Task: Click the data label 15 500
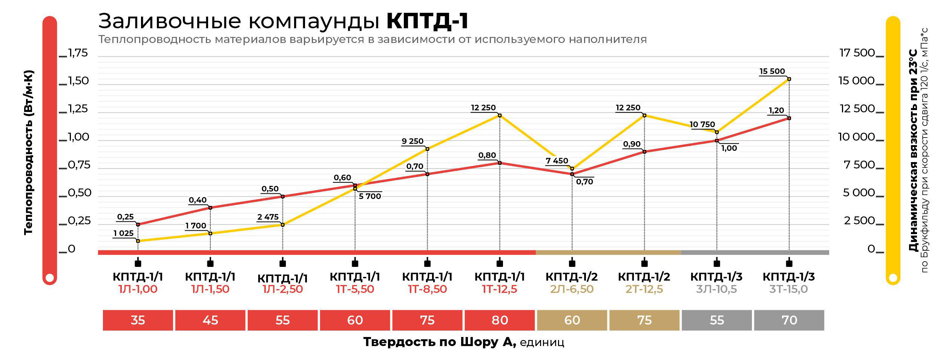click(772, 71)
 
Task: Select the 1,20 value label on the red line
click(776, 110)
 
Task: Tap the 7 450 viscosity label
click(557, 161)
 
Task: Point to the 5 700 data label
click(370, 196)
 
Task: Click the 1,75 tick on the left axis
click(78, 53)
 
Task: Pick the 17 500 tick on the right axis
click(857, 53)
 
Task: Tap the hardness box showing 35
click(138, 320)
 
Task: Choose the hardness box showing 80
click(500, 320)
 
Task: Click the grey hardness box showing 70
click(789, 320)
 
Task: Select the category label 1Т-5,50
click(355, 289)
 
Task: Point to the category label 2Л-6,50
click(572, 289)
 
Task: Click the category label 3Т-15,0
click(789, 289)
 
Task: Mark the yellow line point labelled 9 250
click(427, 149)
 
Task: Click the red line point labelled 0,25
click(138, 224)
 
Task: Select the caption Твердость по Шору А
click(439, 342)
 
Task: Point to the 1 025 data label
click(124, 233)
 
